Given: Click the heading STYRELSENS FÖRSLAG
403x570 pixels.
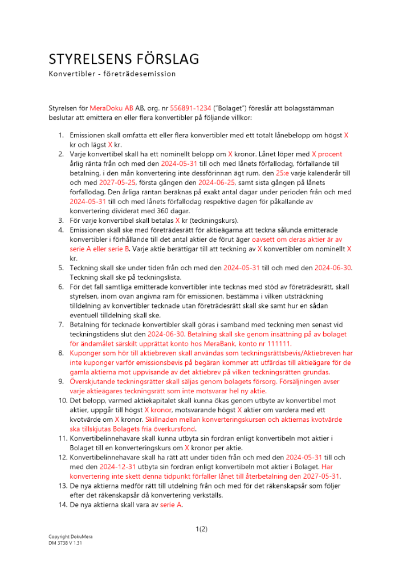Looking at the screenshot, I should (x=124, y=59).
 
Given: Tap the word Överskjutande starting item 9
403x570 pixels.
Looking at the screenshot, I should (x=94, y=382).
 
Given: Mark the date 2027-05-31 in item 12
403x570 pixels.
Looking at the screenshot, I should (x=321, y=476).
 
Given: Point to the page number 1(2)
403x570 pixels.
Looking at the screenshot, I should (x=201, y=528).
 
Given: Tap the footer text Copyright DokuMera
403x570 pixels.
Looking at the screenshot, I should (x=70, y=538).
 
